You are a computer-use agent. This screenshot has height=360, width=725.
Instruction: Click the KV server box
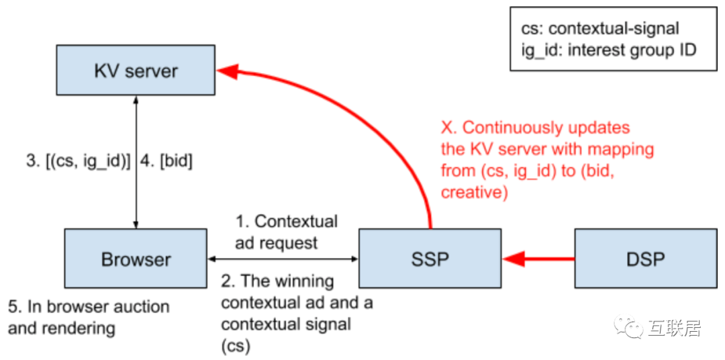click(136, 71)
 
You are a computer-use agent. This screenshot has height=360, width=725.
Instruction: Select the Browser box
click(136, 259)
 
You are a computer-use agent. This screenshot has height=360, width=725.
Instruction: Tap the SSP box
click(430, 259)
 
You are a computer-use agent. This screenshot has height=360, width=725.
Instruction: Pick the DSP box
click(646, 259)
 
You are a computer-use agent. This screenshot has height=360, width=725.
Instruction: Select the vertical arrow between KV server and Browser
click(136, 161)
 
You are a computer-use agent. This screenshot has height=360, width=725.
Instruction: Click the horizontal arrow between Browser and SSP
click(282, 259)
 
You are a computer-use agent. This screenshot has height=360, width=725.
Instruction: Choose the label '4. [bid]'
click(166, 162)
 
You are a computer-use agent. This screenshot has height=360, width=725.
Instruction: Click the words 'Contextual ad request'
click(286, 232)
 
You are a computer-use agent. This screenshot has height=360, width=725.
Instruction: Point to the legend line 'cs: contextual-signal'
click(599, 28)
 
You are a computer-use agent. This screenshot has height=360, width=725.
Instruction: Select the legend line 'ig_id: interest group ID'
click(608, 50)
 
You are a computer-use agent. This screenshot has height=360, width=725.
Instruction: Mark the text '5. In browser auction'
click(89, 307)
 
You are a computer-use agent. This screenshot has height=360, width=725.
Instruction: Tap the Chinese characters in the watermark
click(675, 328)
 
